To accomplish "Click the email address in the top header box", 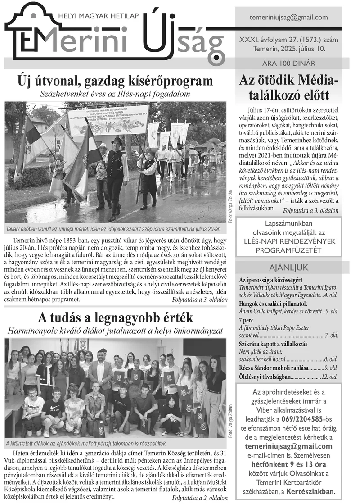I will coord(288,18).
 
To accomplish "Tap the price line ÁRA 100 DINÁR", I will coord(288,64).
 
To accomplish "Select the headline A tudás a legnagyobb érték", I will coord(115,318).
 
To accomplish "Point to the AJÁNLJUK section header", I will coord(288,268).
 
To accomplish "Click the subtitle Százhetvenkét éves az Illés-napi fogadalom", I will coord(115,94).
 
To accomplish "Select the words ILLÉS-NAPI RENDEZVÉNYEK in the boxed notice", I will coord(288,241).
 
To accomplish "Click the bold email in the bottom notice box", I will coord(288,446).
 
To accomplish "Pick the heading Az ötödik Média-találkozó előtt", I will coord(288,88).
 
